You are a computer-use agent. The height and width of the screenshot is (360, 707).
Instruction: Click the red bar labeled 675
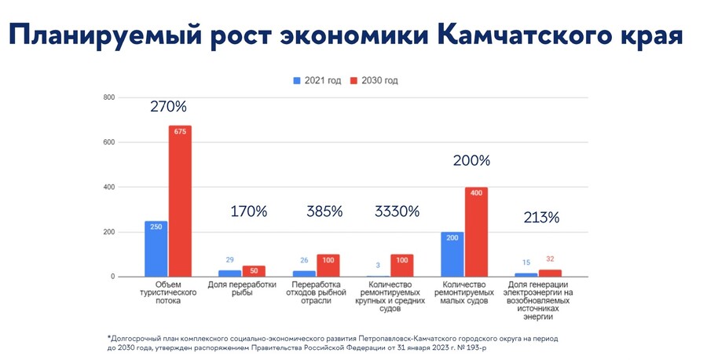tap(180, 201)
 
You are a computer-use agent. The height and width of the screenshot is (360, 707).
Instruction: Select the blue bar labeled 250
tap(156, 248)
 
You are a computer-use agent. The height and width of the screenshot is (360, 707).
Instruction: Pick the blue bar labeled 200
tap(452, 254)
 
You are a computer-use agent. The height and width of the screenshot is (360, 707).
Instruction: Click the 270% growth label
tap(169, 106)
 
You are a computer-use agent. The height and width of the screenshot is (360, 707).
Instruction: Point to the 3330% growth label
tap(397, 211)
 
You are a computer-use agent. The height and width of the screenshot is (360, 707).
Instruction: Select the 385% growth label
tap(324, 211)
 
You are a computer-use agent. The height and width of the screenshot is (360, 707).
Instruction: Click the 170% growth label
tap(249, 211)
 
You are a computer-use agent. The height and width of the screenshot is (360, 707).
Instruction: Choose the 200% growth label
tap(471, 160)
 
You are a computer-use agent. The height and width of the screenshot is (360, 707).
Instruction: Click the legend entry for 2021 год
tap(317, 81)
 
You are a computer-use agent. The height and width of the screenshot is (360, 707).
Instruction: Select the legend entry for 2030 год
tap(375, 81)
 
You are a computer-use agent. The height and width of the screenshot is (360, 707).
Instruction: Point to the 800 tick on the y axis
tap(109, 97)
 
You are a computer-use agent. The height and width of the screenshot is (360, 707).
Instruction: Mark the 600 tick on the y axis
tap(109, 142)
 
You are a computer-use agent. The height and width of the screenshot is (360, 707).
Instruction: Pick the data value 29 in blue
tap(230, 260)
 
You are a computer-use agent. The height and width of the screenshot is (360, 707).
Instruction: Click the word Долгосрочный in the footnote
tap(141, 337)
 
